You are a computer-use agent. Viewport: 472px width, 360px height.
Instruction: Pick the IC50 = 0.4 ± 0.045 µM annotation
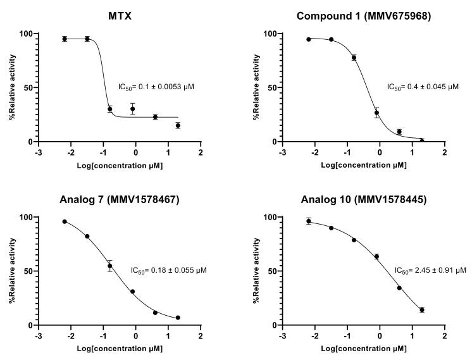[423, 87]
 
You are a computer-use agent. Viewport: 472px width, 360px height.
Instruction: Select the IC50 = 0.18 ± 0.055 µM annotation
[168, 270]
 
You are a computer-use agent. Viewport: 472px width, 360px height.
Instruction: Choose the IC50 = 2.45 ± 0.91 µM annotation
[430, 270]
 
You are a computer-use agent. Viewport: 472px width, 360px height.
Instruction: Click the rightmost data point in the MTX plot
[178, 125]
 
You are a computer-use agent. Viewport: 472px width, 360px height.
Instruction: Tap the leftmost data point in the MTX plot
[65, 39]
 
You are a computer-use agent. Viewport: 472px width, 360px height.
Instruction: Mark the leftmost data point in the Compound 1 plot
[309, 39]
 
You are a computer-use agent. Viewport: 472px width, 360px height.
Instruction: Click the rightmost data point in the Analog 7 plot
[178, 318]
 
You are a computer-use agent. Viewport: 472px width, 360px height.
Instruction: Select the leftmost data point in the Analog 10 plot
[309, 221]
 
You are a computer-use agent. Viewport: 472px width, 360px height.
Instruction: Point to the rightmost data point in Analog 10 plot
[422, 310]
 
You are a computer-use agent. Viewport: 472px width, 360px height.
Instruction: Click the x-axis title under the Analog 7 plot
[120, 349]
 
